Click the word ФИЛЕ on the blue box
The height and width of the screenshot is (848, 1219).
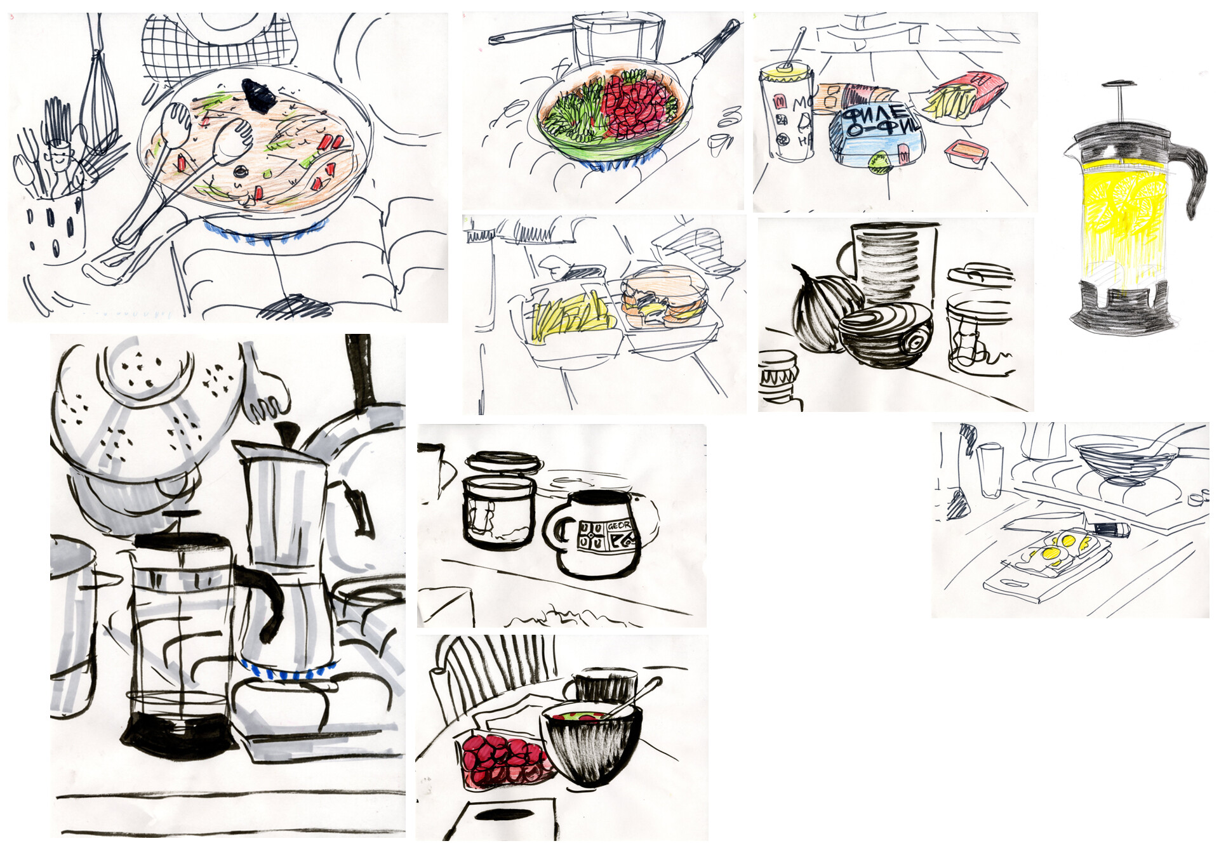[877, 114]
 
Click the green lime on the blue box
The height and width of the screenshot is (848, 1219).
[879, 164]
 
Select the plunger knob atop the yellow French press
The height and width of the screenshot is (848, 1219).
[1119, 84]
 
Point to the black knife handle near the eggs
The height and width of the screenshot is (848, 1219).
[1111, 529]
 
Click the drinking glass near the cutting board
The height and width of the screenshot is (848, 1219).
[989, 470]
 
